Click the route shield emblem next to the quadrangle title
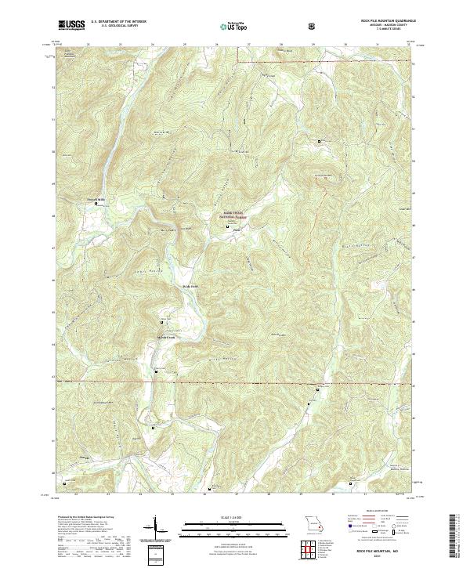315,26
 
